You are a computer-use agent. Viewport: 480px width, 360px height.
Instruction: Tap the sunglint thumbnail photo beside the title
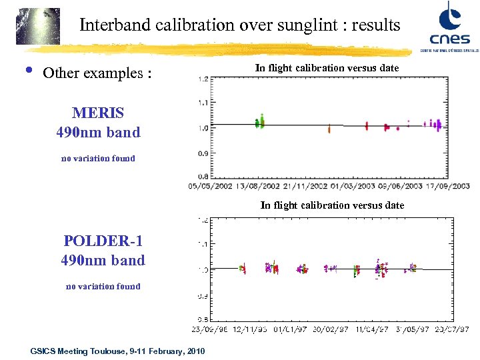[38, 26]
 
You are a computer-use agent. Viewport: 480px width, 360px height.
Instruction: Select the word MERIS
[98, 113]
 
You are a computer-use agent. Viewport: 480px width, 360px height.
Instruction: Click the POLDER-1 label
[103, 241]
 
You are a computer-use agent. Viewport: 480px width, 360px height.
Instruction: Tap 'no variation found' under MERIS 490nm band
[98, 159]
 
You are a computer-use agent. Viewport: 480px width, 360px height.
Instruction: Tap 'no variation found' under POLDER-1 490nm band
[103, 287]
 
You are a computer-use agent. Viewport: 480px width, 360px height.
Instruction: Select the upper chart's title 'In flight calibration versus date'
[327, 68]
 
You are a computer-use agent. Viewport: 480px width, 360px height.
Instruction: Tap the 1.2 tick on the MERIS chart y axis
[202, 78]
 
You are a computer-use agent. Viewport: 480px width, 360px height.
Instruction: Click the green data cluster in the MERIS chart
[260, 122]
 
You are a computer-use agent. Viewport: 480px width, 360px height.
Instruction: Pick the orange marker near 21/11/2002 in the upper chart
[329, 129]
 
